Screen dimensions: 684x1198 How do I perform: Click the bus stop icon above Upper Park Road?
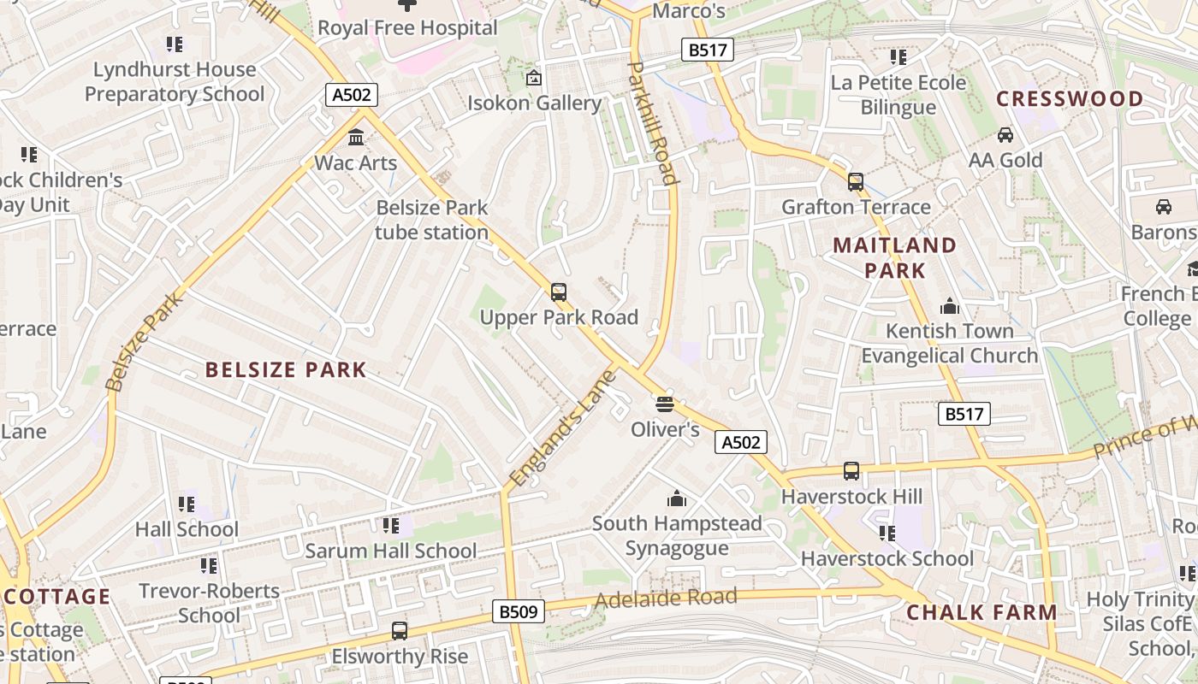(x=559, y=292)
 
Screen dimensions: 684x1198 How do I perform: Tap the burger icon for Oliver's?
(x=665, y=404)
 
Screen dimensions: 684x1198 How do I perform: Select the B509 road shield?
(x=519, y=611)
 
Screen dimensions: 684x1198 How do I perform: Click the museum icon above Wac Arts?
(x=356, y=137)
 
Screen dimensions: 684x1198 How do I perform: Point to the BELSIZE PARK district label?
(x=286, y=370)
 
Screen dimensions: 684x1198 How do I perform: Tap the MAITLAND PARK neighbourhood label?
(x=894, y=258)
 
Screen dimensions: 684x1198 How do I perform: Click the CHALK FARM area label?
(x=982, y=612)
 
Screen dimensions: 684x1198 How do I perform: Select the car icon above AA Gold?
(x=1005, y=135)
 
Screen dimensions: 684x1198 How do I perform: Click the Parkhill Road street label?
(x=653, y=122)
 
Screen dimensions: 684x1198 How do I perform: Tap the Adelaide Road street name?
(x=665, y=598)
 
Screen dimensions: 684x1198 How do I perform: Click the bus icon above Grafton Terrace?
(x=855, y=182)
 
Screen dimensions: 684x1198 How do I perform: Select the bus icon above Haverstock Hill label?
(x=851, y=471)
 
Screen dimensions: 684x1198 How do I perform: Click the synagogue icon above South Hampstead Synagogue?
(x=677, y=498)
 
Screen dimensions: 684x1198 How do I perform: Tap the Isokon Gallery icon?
(x=534, y=78)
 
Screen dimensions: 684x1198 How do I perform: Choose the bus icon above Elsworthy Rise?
(x=400, y=631)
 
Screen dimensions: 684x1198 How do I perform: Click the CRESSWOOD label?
(x=1070, y=99)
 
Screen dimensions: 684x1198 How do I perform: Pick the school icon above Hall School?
(x=187, y=504)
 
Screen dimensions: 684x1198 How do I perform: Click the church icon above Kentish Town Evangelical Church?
(x=949, y=306)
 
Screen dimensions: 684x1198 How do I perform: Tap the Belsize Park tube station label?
(x=431, y=220)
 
